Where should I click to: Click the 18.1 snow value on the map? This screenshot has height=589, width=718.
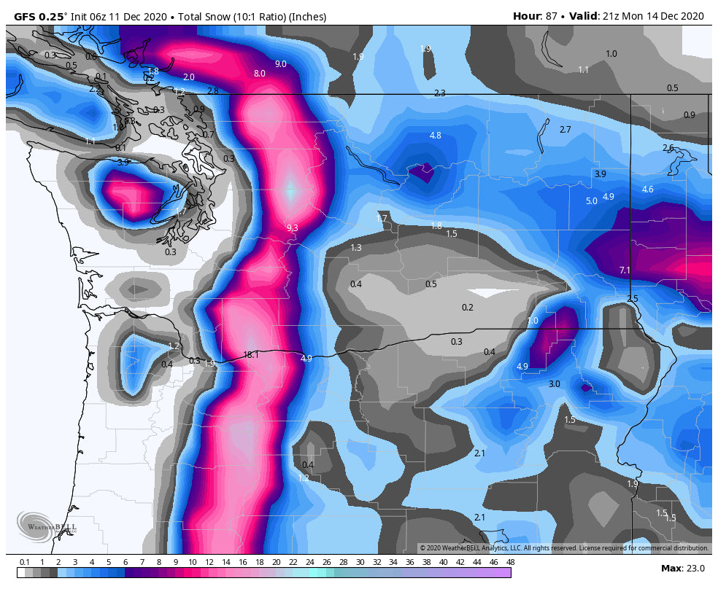click(x=251, y=355)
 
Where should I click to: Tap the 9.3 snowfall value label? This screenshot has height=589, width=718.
click(x=292, y=228)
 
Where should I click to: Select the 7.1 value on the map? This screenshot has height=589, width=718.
click(x=625, y=270)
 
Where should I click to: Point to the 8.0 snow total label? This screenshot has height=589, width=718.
click(x=260, y=74)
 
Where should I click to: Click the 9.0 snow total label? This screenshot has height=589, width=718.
click(x=281, y=64)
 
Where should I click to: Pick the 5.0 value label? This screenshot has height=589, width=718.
click(x=592, y=201)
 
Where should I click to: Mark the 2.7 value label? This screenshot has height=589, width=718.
click(x=565, y=130)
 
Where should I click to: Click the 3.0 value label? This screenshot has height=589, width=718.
click(x=554, y=384)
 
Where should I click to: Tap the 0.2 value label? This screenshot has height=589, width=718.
click(x=468, y=308)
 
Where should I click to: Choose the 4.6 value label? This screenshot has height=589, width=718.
click(x=647, y=190)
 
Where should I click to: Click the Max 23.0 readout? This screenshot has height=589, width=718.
click(x=682, y=568)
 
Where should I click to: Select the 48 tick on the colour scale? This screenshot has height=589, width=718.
click(x=509, y=562)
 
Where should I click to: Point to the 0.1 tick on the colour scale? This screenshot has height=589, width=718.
click(x=25, y=562)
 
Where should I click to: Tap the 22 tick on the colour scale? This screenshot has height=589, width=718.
click(x=293, y=562)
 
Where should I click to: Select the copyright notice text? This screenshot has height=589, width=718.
click(x=563, y=548)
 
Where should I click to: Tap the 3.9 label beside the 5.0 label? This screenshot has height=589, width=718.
click(x=600, y=174)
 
